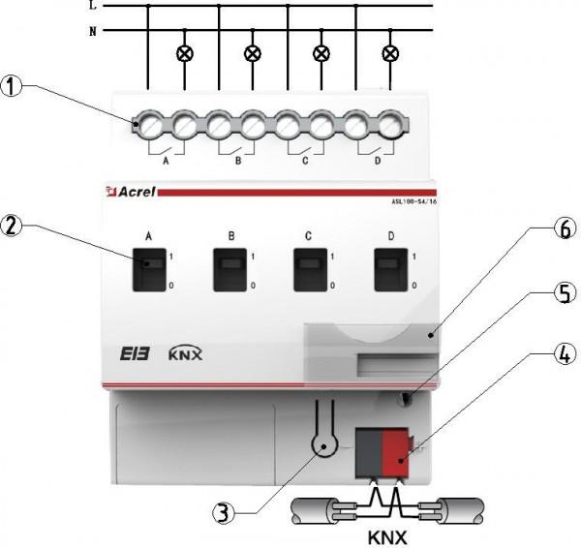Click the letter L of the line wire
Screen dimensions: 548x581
pos(93,6)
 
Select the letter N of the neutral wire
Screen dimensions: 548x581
pos(93,30)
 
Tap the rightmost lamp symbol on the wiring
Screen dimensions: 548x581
pos(390,52)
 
